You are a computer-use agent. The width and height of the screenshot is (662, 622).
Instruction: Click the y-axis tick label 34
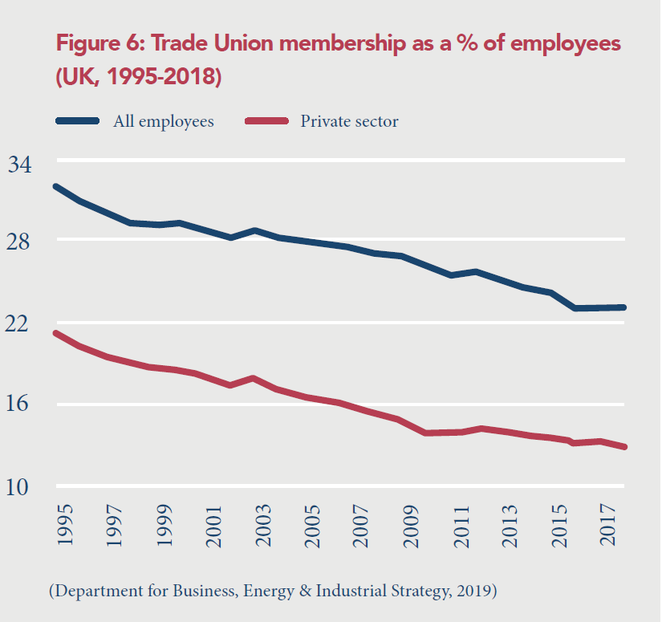coord(20,165)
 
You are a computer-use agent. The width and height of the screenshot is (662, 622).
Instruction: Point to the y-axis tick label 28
coord(20,242)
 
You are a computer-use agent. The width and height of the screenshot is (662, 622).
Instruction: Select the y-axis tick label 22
coord(20,324)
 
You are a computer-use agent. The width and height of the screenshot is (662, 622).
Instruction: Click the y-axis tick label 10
coord(20,486)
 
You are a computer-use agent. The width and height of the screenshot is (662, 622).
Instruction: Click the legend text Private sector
coord(349,122)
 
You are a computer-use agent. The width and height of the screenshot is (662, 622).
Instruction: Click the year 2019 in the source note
coord(473,592)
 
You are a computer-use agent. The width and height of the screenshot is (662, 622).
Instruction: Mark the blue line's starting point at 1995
coord(55,186)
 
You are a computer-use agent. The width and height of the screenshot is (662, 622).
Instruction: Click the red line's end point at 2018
coord(624,447)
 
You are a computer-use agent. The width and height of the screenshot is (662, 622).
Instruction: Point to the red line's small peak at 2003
coord(254,378)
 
